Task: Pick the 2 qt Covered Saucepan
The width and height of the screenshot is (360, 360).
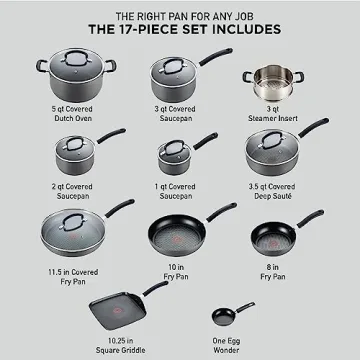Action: (71, 154)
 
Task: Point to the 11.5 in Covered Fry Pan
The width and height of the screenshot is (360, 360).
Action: (62, 231)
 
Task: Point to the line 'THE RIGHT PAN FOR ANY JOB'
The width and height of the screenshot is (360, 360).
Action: (180, 13)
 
